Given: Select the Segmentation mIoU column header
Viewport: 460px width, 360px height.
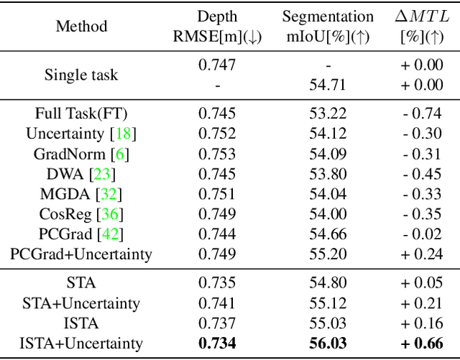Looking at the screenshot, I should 327,27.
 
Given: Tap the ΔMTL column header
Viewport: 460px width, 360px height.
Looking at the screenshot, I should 423,27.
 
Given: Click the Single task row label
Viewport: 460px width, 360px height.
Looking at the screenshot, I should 80,75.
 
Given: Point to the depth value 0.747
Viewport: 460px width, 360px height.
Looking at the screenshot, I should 217,65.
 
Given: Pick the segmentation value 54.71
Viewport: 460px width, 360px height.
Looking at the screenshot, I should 327,85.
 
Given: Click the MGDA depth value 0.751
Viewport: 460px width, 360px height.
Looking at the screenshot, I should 217,193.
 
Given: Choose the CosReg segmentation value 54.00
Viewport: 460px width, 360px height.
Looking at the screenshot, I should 327,213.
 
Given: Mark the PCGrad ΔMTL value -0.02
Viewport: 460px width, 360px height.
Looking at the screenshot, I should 423,234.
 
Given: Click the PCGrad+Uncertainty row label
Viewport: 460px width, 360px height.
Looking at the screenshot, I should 81,254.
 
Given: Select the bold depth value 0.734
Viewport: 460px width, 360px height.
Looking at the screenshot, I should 217,343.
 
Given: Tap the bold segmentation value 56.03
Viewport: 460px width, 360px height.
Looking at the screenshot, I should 327,343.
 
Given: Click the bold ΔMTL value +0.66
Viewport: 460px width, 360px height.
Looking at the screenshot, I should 423,343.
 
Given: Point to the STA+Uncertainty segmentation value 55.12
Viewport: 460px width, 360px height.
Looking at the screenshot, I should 327,304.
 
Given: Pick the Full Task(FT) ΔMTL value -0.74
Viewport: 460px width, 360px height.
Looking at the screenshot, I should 423,114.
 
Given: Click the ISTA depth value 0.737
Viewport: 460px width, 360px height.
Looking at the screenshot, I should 217,323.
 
